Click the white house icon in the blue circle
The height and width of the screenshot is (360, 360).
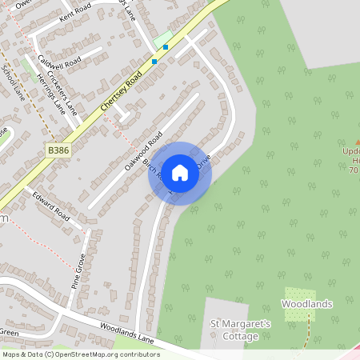pos(180,172)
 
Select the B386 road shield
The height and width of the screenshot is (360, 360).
pos(58,150)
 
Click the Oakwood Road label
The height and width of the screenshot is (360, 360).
pos(144,149)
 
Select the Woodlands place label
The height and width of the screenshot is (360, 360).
pos(306,304)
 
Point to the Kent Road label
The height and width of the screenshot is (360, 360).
pos(75,14)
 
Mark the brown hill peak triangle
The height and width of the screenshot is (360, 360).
pos(357,142)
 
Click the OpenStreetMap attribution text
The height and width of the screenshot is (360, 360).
pos(81,354)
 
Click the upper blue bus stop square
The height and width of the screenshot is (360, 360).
pos(166,47)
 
